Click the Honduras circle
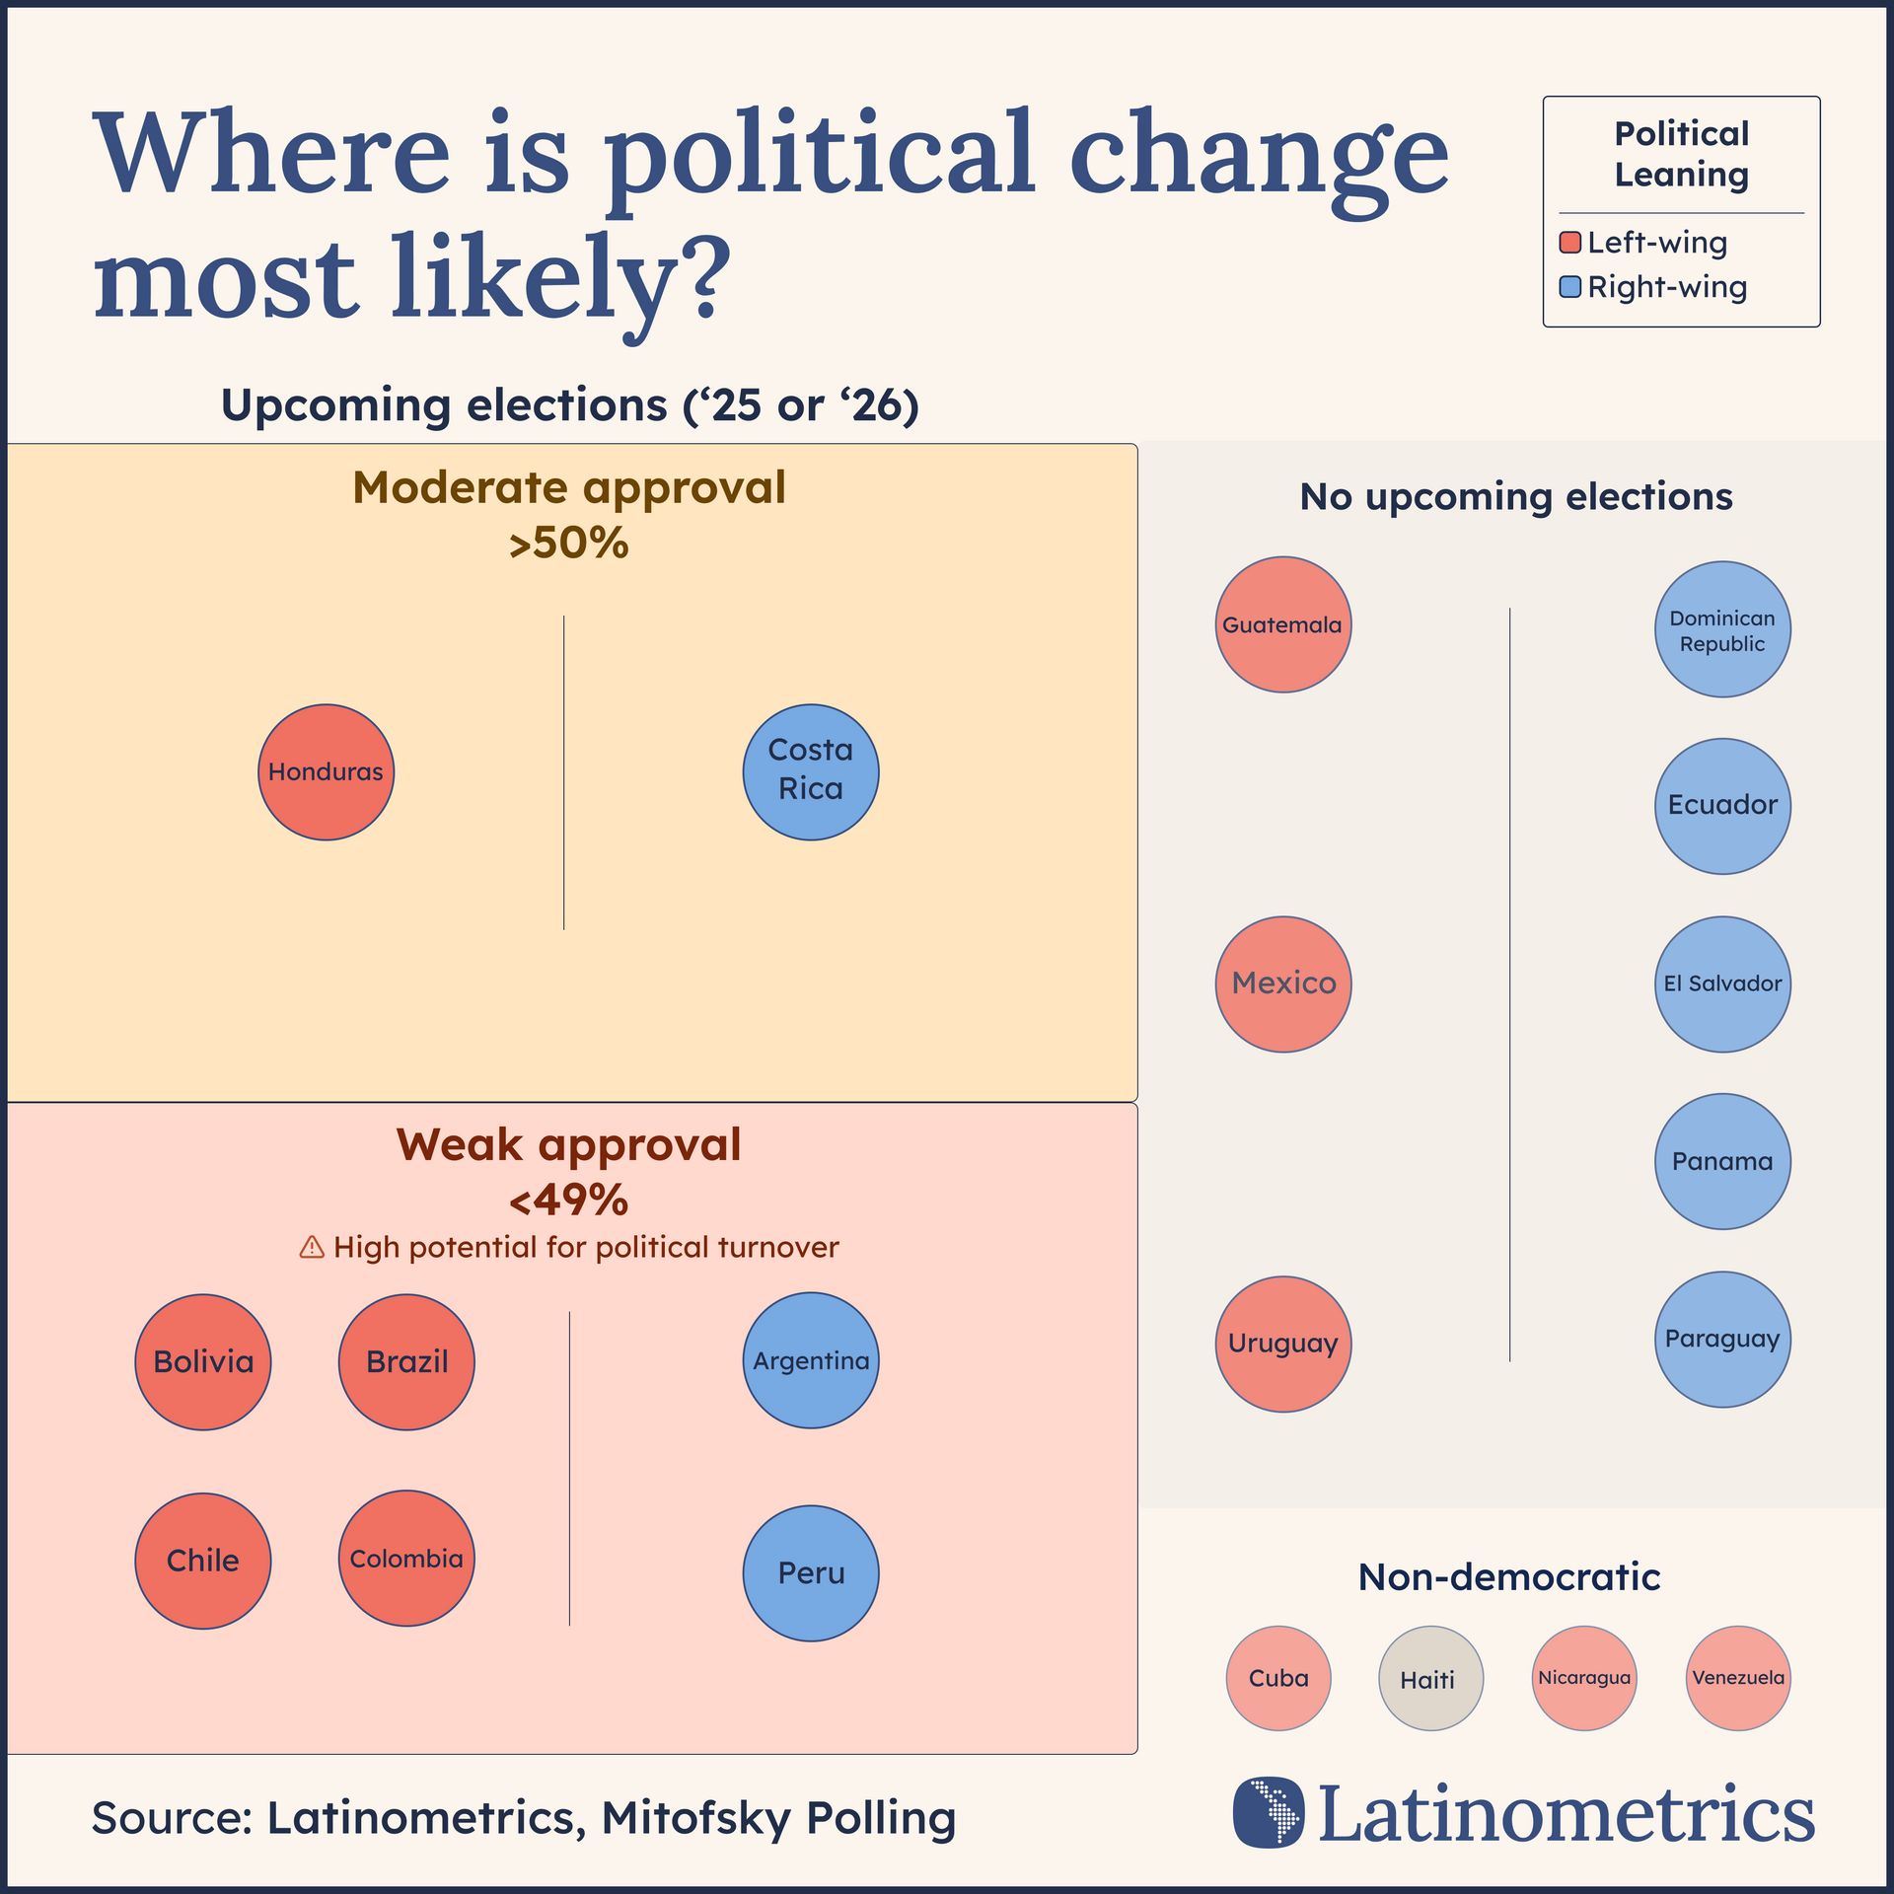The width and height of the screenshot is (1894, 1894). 326,772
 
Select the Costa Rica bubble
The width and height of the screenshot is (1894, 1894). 811,772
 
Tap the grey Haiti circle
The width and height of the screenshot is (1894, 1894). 1430,1679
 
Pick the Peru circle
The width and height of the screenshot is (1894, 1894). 811,1573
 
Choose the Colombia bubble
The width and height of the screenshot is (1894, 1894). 406,1559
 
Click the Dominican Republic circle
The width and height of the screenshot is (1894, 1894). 1722,629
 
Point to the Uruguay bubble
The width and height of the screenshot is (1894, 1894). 1283,1344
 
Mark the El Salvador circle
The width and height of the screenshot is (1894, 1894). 1722,984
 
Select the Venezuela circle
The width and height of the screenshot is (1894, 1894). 1738,1678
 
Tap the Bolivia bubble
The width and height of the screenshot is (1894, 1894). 203,1362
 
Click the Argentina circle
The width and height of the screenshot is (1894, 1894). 811,1360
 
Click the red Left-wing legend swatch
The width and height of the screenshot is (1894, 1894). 1570,243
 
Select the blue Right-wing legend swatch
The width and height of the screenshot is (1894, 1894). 1570,287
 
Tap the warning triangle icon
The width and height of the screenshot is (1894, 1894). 312,1248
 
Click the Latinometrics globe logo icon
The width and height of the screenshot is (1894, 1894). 1269,1813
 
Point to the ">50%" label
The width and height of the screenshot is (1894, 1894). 569,544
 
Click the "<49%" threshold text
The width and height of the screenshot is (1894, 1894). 569,1201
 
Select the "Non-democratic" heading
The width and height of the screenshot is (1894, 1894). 1509,1577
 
